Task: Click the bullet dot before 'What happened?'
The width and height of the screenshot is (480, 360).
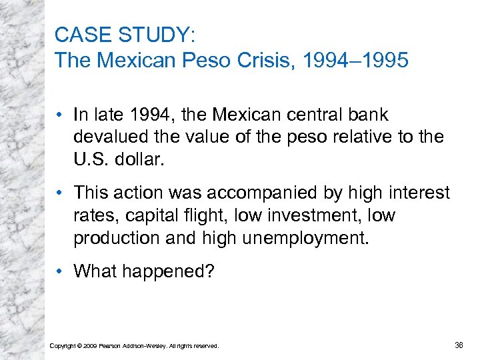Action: pos(61,271)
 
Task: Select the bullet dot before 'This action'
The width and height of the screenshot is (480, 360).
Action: pos(61,193)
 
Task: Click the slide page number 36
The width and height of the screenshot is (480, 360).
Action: pos(459,345)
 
